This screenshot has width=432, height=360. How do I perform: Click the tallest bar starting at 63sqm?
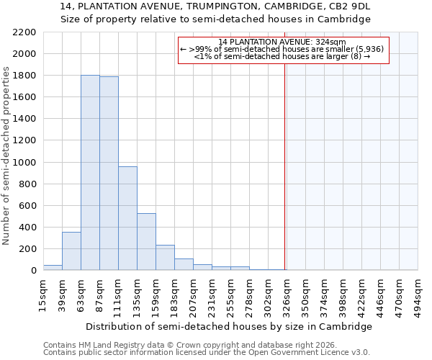tap(90, 173)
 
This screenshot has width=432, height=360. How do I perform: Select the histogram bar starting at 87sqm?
tap(109, 174)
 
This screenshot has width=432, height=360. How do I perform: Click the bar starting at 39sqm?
tap(71, 251)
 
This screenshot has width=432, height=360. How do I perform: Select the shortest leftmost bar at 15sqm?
tap(53, 267)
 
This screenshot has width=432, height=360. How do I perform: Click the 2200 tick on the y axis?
tap(24, 32)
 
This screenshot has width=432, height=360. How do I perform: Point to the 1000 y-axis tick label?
tap(24, 163)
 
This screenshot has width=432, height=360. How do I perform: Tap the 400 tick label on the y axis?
tap(27, 228)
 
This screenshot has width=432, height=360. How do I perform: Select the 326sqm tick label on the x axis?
tap(287, 294)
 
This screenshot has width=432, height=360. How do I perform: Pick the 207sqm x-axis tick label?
tap(193, 294)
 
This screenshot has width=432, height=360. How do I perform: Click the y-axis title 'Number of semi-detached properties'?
tap(6, 156)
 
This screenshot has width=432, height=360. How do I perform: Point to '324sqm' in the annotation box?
tap(332, 42)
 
